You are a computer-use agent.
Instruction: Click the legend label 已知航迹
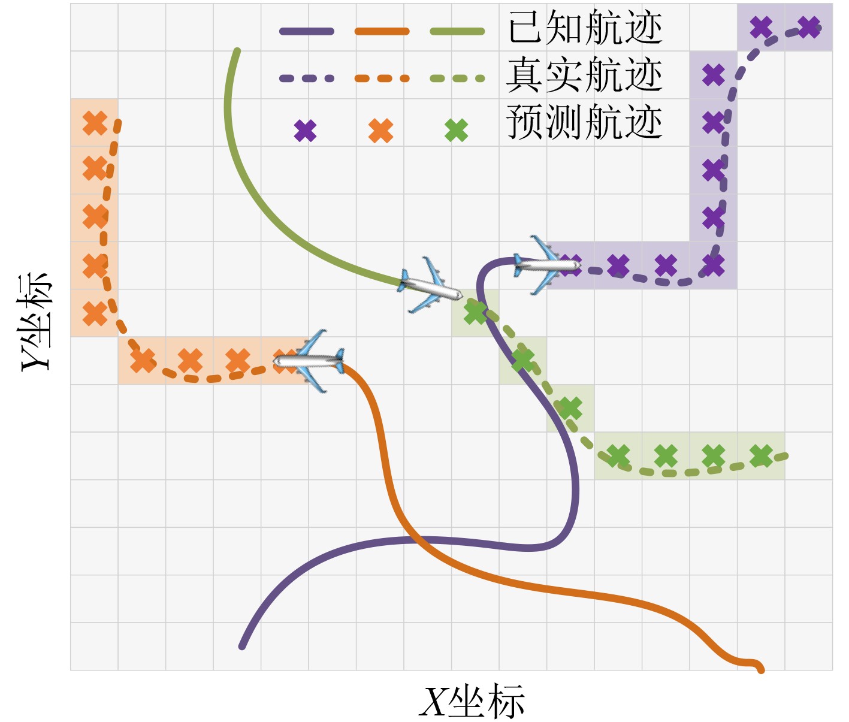pyautogui.click(x=585, y=28)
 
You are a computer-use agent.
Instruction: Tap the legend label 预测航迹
pyautogui.click(x=584, y=122)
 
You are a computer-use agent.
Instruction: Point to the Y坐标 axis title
pyautogui.click(x=35, y=322)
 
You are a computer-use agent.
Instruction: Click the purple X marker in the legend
pyautogui.click(x=305, y=131)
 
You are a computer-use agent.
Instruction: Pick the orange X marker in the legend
pyautogui.click(x=380, y=131)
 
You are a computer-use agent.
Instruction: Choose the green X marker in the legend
pyautogui.click(x=457, y=131)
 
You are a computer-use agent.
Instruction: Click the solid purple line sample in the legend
pyautogui.click(x=306, y=31)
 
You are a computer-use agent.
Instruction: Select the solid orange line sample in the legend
pyautogui.click(x=382, y=31)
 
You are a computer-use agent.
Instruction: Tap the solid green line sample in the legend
pyautogui.click(x=458, y=31)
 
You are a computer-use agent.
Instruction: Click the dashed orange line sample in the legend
pyautogui.click(x=382, y=78)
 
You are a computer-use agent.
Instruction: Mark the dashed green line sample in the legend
pyautogui.click(x=458, y=78)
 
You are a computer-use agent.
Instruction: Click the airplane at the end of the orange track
pyautogui.click(x=309, y=361)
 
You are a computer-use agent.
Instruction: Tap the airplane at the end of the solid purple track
pyautogui.click(x=547, y=265)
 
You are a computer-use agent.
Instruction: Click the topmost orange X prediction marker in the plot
pyautogui.click(x=95, y=123)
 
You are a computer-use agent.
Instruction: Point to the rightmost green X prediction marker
pyautogui.click(x=761, y=455)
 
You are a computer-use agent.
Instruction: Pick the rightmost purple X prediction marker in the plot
pyautogui.click(x=809, y=27)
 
